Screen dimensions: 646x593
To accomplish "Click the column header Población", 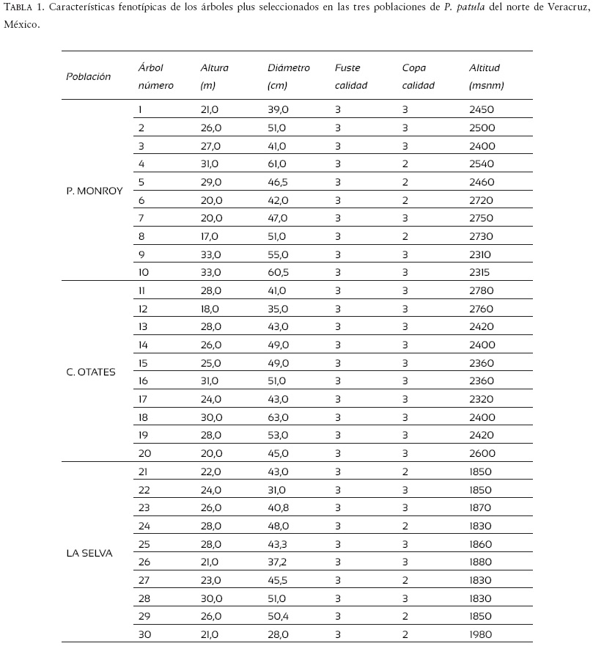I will [88, 76].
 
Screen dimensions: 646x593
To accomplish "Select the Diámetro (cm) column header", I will [289, 76].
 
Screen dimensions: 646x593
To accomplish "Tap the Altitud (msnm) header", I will [486, 76].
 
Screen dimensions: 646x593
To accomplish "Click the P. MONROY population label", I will [95, 191].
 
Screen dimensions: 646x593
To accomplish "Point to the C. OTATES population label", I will [91, 372].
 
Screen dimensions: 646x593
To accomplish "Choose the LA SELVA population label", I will [89, 553].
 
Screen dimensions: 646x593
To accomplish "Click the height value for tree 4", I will [210, 164].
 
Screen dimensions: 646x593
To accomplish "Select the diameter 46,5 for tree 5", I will [279, 183].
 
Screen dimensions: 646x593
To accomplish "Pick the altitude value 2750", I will [482, 219].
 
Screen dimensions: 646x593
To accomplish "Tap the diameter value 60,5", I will [279, 273].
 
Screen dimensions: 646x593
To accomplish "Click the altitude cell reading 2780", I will [482, 291].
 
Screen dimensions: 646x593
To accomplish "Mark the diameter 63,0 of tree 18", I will [279, 418].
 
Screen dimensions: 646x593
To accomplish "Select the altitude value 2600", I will [482, 454].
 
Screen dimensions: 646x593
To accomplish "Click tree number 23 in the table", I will [144, 508].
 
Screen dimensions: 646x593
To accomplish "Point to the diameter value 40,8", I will [279, 508].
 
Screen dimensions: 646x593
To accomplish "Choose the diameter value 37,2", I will [278, 562].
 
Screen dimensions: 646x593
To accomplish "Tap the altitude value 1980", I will [481, 635].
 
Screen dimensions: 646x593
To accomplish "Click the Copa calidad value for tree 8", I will [405, 237].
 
